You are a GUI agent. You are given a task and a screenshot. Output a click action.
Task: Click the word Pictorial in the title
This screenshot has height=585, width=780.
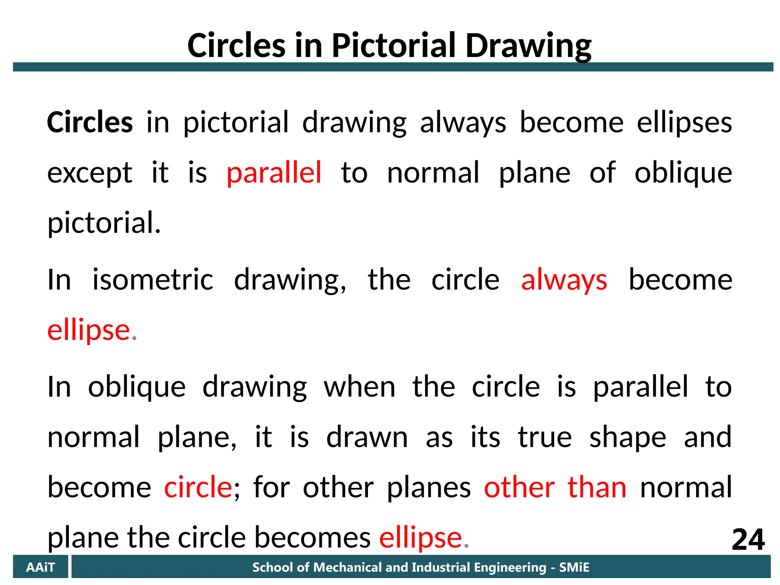(x=394, y=46)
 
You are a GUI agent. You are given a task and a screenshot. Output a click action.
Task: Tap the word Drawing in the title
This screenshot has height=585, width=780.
(x=528, y=46)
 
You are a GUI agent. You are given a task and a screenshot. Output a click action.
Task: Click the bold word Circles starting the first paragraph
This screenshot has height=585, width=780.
(x=90, y=123)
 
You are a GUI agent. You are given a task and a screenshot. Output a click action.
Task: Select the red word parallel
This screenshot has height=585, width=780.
(x=274, y=173)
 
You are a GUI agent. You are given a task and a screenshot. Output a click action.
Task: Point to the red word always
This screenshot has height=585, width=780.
(x=564, y=280)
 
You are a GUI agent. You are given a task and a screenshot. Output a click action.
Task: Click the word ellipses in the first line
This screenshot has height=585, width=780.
(x=684, y=123)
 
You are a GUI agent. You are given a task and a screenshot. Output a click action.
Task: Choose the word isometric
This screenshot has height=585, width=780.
(x=153, y=280)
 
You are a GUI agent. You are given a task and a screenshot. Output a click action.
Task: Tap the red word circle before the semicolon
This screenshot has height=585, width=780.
(x=198, y=487)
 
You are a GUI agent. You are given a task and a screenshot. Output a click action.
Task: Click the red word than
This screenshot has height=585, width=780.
(x=597, y=487)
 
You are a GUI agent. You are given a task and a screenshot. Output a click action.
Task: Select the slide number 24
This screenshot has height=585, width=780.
(x=748, y=540)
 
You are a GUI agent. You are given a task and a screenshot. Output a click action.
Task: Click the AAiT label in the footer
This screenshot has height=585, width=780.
(x=40, y=567)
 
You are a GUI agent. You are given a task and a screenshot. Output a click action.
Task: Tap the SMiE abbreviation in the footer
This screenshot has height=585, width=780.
(x=574, y=567)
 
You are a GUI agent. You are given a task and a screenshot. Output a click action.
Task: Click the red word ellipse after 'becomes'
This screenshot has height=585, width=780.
(x=420, y=538)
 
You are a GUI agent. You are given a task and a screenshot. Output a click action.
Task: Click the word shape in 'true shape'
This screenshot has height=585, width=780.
(x=628, y=437)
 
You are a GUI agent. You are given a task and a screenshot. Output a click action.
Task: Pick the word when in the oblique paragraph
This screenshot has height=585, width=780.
(x=360, y=387)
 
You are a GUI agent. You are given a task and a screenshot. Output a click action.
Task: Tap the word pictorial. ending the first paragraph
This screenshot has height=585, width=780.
(x=104, y=223)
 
